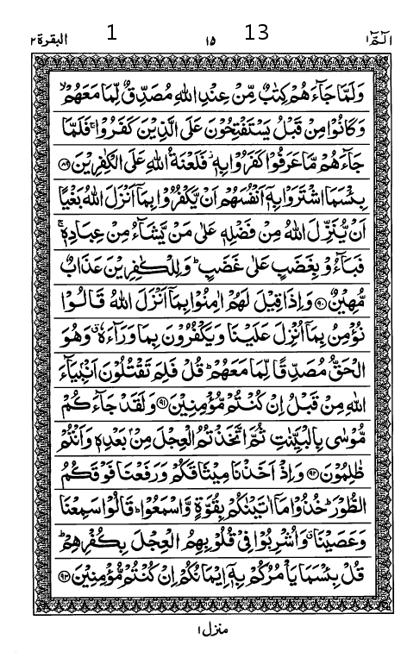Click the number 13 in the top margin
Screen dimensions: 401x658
pyautogui.click(x=257, y=33)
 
